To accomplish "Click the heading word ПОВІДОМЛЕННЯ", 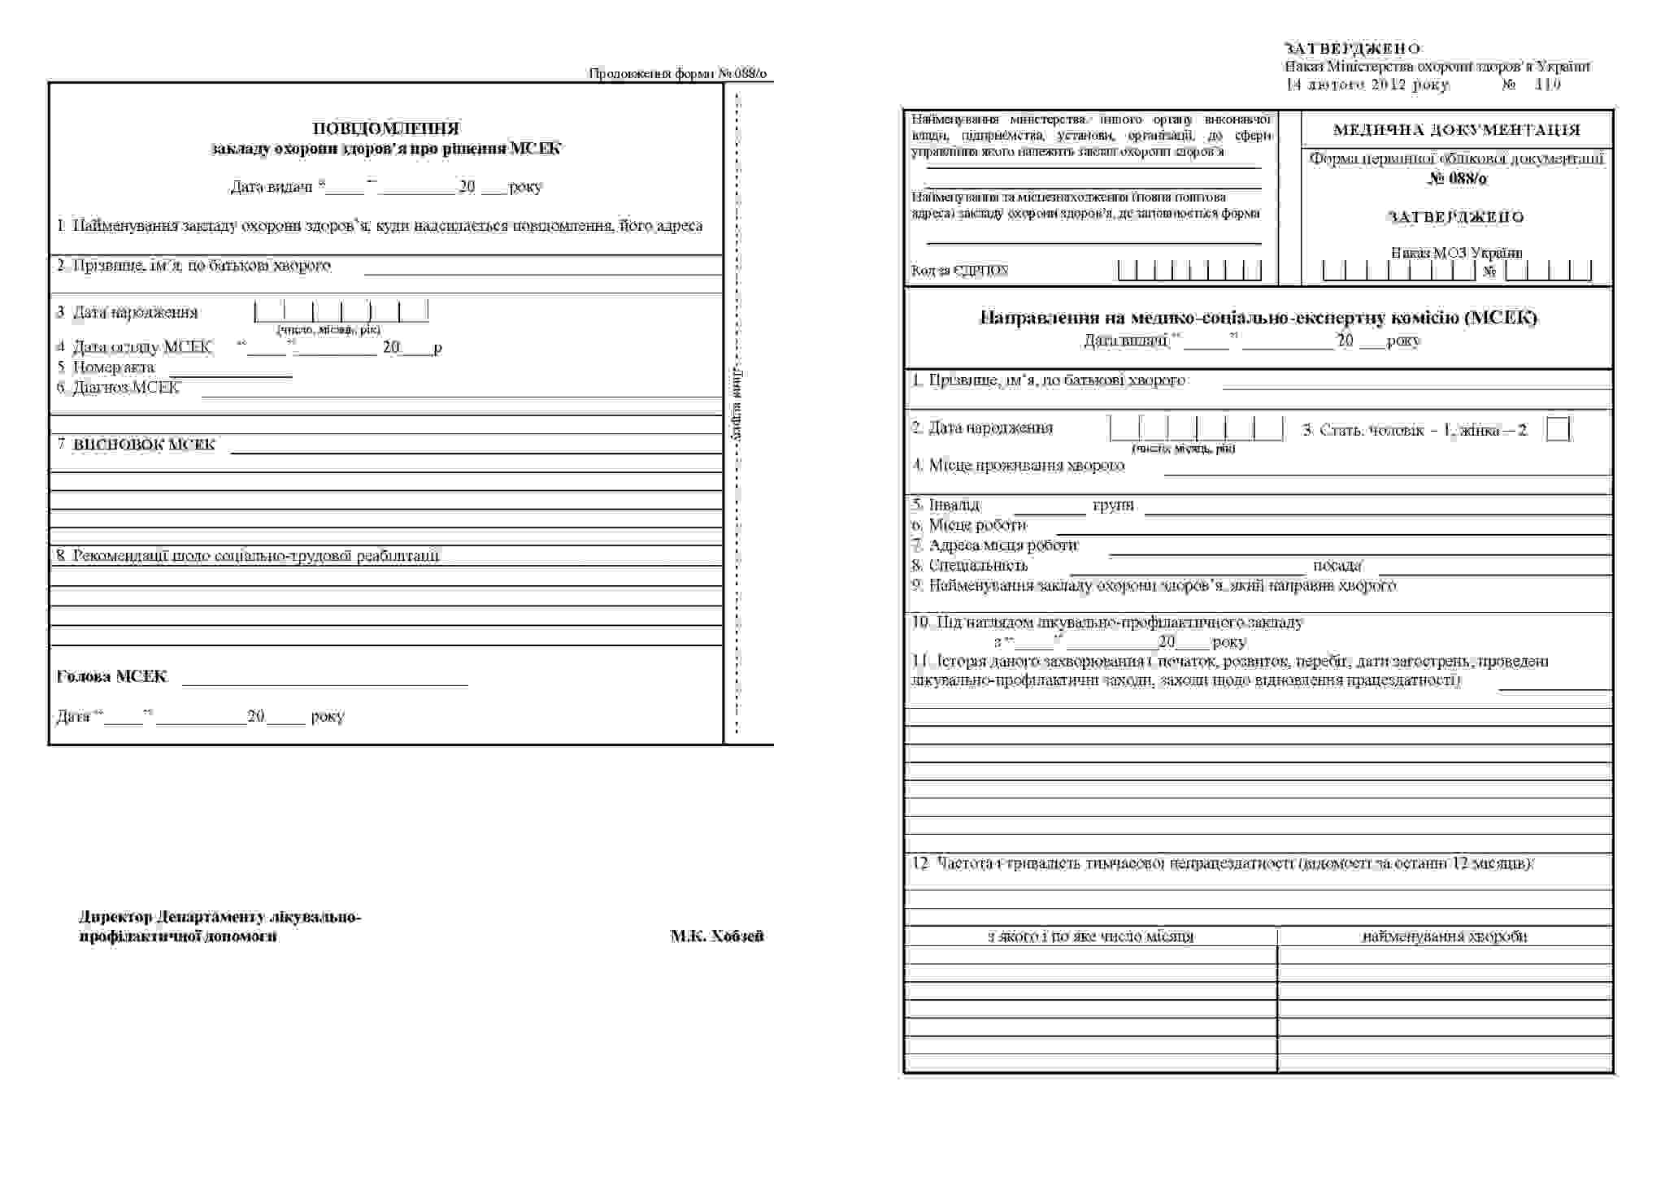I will (386, 128).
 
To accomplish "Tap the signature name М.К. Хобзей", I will (717, 936).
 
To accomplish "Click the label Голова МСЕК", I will (112, 676).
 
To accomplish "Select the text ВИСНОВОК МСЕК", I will (144, 445).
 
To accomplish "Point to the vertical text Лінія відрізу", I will (737, 404).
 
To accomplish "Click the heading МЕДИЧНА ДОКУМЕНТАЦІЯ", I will (1457, 130).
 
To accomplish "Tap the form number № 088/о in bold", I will (1457, 178).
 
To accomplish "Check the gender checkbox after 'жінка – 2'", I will (1558, 429).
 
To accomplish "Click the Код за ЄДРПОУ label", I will (959, 271).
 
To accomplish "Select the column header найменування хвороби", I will (1445, 936).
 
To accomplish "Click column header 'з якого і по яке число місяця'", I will (1090, 936).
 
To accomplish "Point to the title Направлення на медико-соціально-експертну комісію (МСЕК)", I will (1259, 318).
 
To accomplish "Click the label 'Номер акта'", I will (113, 367).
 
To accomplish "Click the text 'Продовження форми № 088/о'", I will (677, 74).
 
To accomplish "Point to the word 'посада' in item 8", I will (1337, 566).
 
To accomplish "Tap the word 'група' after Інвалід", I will (1113, 506).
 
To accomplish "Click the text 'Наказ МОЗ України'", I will (1456, 253).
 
